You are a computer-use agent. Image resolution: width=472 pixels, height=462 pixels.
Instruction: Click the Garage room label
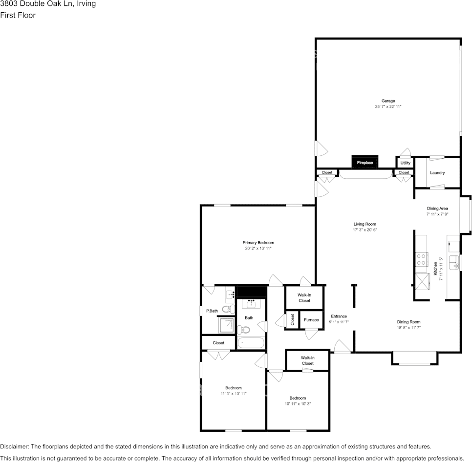coord(388,101)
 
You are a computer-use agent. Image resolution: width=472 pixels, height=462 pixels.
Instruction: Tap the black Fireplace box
coord(365,162)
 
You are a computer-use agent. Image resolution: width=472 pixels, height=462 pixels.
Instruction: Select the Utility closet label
coord(405,163)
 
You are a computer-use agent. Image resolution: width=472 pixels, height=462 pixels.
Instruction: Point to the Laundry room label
coord(437,173)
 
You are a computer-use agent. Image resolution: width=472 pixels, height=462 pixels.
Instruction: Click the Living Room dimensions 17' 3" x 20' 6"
coord(365,230)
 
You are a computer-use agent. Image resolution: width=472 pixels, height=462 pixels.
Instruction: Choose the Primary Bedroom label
coord(258,243)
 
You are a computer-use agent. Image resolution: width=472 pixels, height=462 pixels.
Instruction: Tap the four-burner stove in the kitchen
coord(421,259)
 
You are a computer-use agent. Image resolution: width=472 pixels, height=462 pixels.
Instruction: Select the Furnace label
coord(311,320)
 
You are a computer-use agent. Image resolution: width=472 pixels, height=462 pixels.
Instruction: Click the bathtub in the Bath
coord(251,343)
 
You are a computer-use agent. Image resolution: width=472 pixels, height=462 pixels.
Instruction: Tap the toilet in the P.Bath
coord(228,309)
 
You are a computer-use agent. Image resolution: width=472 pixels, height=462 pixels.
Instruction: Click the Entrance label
coord(339,316)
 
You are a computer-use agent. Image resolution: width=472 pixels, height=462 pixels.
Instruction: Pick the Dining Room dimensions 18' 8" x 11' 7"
coord(408,328)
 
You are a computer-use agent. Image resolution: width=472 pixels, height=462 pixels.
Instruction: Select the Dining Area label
coord(437,209)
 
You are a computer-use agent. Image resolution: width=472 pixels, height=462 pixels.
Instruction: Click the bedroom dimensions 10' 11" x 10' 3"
coord(298,404)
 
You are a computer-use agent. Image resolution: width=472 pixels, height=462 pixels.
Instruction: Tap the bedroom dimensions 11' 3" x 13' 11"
coord(233,393)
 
